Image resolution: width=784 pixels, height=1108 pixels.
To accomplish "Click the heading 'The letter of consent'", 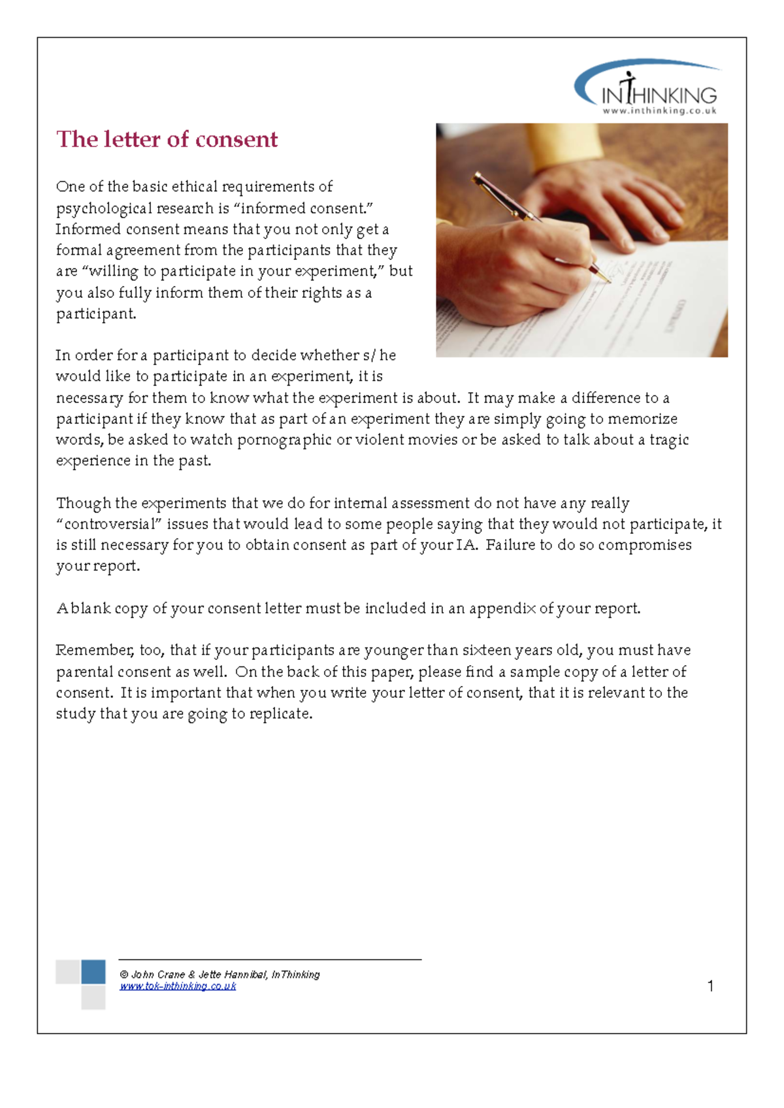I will [167, 139].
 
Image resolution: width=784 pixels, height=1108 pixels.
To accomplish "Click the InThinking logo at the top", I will [647, 88].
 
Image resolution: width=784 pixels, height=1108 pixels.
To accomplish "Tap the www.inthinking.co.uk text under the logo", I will [659, 111].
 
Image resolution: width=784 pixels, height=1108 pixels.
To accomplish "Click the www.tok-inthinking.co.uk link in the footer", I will [178, 986].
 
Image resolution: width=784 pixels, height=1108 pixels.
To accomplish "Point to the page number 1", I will [710, 986].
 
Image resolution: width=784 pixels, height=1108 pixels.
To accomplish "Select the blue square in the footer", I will [93, 971].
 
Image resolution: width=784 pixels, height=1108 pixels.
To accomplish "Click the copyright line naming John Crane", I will [220, 975].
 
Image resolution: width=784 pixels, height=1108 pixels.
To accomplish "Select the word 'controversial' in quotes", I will [108, 524].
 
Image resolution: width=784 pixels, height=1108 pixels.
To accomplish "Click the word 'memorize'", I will [642, 419].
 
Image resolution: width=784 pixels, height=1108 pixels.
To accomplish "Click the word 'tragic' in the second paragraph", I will [669, 440].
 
